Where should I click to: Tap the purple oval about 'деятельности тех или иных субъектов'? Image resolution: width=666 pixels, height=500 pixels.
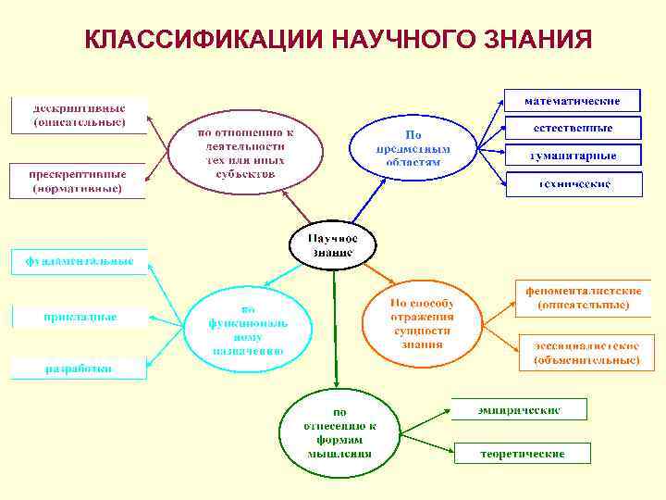[x=245, y=151]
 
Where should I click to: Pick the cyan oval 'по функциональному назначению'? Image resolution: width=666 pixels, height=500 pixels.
[x=249, y=330]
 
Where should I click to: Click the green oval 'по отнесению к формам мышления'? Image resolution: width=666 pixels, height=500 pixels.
[x=339, y=432]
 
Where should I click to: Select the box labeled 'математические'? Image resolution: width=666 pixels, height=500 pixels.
[x=573, y=100]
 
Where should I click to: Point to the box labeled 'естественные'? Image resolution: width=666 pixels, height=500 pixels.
[x=573, y=127]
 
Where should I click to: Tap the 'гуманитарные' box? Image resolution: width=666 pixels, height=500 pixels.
[x=573, y=156]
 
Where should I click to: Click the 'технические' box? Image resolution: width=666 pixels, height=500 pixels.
[x=573, y=184]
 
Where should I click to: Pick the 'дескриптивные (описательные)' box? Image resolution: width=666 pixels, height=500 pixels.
[x=79, y=115]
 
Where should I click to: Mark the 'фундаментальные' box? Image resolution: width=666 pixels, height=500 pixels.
[x=79, y=261]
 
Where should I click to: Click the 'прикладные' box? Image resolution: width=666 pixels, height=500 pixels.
[x=79, y=317]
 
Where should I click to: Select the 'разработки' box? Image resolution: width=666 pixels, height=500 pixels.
[x=79, y=368]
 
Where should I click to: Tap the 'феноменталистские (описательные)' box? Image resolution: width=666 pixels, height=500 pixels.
[x=583, y=297]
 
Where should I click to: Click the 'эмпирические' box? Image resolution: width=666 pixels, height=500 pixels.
[x=518, y=408]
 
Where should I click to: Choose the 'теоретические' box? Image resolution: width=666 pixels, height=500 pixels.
[x=522, y=454]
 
